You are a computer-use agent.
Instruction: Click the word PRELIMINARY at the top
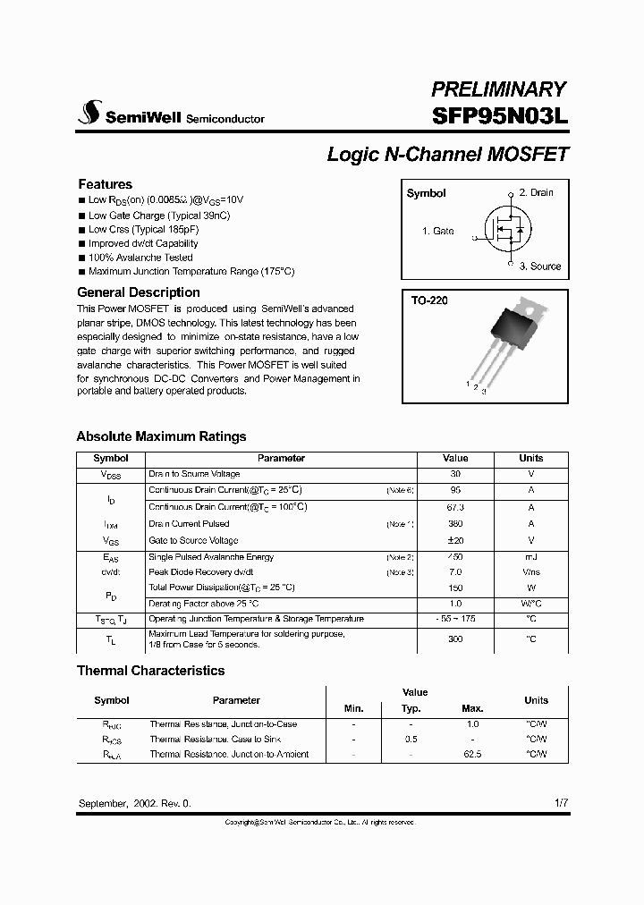click(499, 89)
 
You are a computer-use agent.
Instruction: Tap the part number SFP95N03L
click(499, 116)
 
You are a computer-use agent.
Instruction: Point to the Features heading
click(105, 184)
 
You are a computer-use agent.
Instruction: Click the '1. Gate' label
click(437, 231)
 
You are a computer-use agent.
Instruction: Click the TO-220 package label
click(429, 301)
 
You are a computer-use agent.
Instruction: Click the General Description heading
click(139, 292)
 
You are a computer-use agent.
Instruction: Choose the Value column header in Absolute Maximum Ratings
click(455, 458)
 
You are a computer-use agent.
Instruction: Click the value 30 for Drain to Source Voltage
click(455, 474)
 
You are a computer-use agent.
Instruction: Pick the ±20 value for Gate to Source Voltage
click(455, 540)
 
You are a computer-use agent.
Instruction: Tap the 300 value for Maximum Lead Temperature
click(455, 639)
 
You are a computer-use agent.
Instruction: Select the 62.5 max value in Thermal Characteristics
click(473, 754)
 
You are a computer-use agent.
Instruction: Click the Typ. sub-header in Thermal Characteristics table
click(411, 708)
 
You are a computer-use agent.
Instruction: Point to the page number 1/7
click(560, 803)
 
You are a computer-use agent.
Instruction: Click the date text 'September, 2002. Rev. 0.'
click(135, 803)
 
